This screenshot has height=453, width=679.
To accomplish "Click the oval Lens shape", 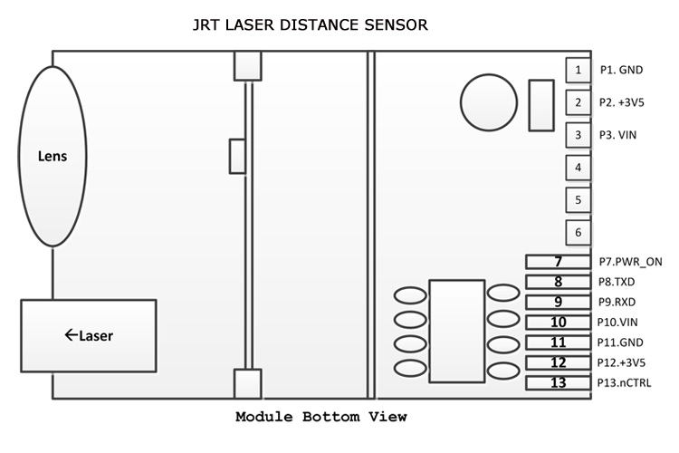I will tap(52, 155).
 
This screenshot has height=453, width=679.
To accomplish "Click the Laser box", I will tap(88, 335).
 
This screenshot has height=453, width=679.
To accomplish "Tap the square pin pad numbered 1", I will tap(578, 69).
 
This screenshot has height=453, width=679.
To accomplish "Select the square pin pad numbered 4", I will tap(578, 167).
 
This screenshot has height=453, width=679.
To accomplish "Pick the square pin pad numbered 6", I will tap(578, 232).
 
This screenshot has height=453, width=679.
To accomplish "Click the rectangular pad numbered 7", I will tap(558, 262).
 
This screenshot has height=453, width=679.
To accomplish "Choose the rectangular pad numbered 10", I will tap(558, 322).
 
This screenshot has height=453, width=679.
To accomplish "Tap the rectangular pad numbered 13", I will tap(558, 382).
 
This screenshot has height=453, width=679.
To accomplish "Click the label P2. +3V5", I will tap(621, 102).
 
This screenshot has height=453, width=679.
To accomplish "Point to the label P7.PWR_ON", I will tap(630, 262).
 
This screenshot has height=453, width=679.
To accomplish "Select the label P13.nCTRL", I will tap(625, 382).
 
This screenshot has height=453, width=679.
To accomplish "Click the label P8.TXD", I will tap(616, 282).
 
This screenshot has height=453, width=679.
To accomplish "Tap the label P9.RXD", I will tap(616, 302).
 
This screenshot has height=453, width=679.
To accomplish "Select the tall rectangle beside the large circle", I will tap(540, 105).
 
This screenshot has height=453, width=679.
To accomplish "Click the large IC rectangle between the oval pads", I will tap(457, 331).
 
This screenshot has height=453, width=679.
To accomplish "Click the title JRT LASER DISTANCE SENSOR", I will tap(311, 24).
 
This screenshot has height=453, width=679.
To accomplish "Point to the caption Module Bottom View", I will tap(321, 418).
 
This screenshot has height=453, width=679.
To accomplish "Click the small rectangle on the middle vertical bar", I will tap(237, 156).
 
